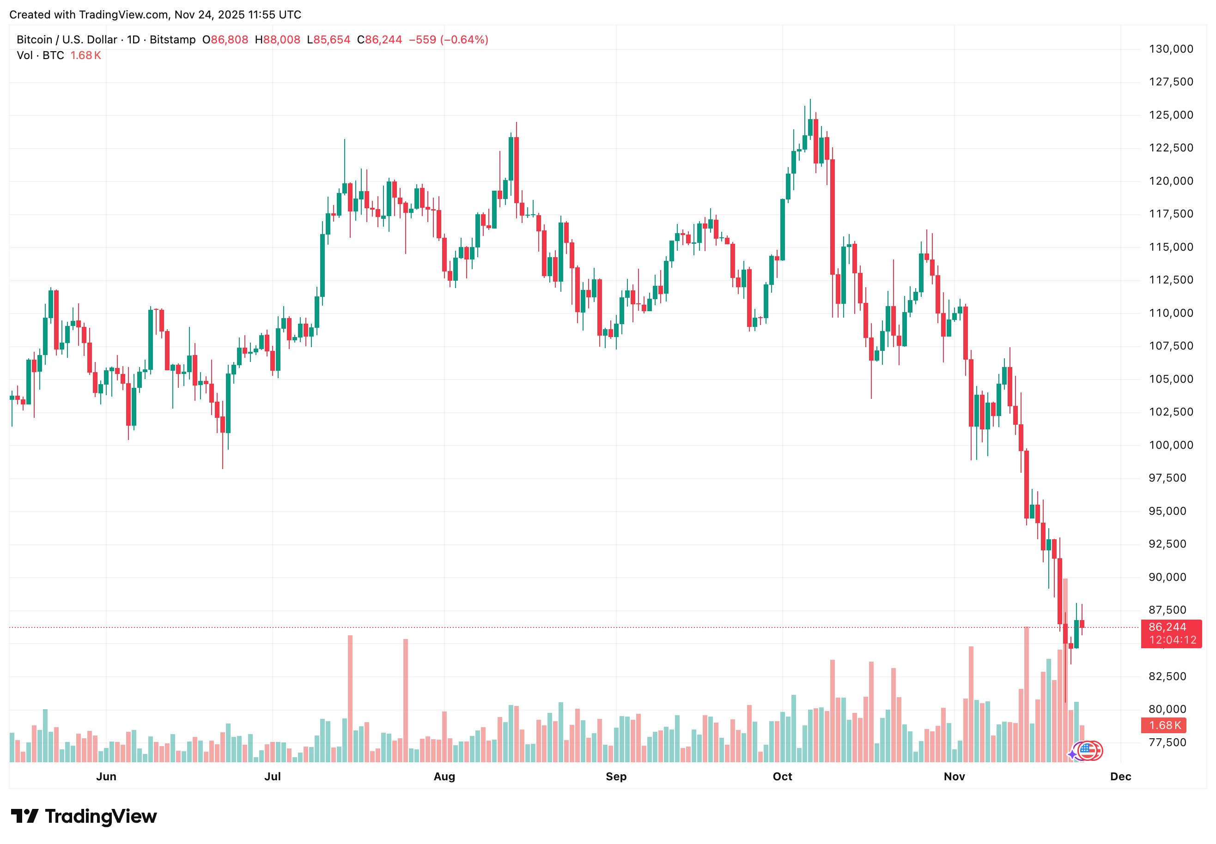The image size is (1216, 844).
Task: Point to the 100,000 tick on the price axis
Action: pos(1171,445)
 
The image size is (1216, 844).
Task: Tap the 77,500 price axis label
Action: pos(1171,742)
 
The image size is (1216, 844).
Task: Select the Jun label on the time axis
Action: pos(106,776)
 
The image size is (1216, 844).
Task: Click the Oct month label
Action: pos(782,776)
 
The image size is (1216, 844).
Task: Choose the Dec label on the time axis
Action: pos(1120,776)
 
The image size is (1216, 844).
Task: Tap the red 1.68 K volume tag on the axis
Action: pos(1165,725)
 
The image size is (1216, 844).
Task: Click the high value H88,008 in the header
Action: pos(277,40)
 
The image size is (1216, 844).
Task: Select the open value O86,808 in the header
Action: pos(225,40)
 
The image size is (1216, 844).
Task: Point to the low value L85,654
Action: pos(328,40)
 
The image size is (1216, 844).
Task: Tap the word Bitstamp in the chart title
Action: pos(172,40)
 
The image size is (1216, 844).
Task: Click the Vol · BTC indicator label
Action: pos(40,55)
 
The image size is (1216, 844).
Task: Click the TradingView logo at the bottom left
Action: pos(84,816)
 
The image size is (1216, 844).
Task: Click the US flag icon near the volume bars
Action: pos(1088,750)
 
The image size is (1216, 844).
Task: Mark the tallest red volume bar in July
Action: pos(350,698)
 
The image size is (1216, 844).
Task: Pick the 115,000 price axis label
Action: pos(1171,247)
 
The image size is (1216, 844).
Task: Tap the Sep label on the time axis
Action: pos(616,776)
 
